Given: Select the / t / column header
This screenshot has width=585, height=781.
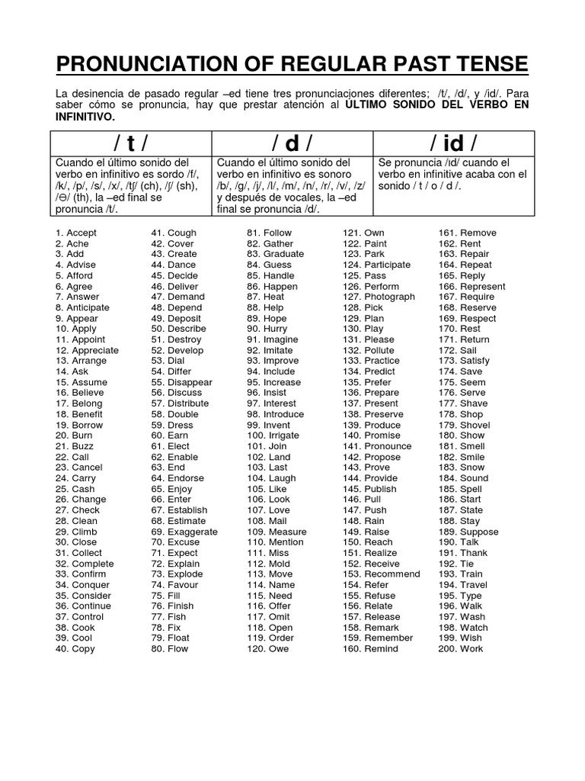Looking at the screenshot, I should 130,143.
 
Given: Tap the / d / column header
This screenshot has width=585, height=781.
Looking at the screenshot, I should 291,143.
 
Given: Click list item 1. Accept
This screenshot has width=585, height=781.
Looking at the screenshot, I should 75,233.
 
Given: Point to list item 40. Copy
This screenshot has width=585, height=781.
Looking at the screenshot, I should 74,649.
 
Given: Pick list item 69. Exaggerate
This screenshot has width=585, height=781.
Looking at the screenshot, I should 184,532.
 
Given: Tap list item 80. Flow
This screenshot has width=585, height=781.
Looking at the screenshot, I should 169,649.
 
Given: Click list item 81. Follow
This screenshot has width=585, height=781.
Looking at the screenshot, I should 268,233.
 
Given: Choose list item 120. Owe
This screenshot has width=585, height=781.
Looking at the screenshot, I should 266,649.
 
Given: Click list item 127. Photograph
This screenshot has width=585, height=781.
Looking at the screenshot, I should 379,297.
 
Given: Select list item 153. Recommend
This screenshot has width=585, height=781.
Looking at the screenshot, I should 381,574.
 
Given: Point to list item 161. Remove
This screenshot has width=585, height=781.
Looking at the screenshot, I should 467,233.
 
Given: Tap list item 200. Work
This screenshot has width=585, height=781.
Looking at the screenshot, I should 460,649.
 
